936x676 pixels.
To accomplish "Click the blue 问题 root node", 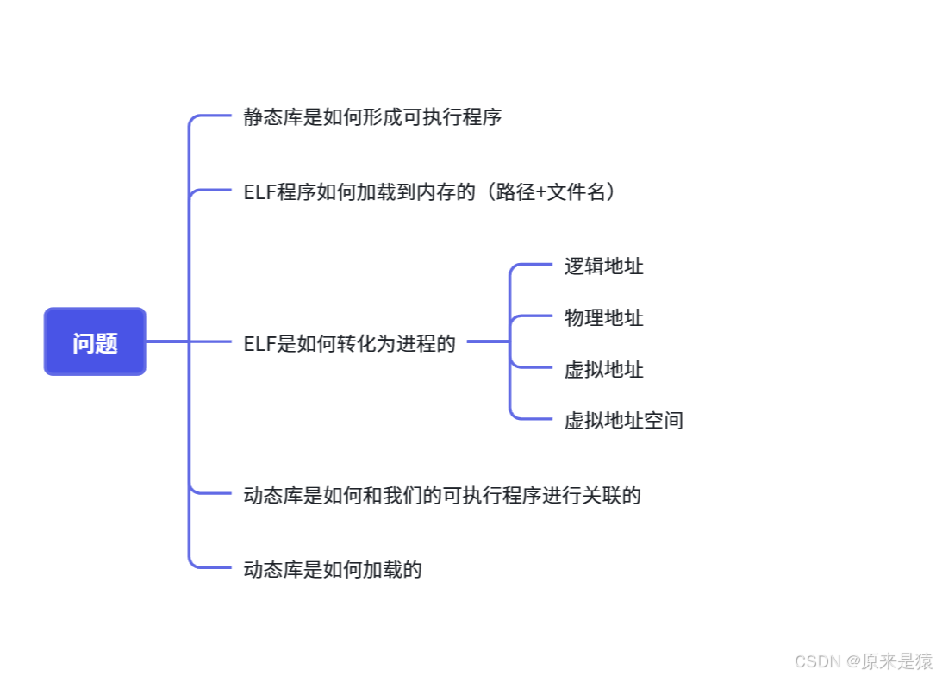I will [x=95, y=342].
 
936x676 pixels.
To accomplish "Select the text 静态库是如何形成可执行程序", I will [x=372, y=117].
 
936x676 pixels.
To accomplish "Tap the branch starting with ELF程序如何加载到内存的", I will [x=430, y=191].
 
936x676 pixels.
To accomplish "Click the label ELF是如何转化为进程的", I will [x=349, y=344].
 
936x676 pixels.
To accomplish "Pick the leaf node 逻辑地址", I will [x=603, y=266].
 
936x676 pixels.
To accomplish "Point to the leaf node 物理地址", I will [x=603, y=318].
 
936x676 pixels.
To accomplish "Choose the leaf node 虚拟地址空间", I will [x=623, y=421].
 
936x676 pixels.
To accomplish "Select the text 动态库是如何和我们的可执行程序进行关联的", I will [x=442, y=496].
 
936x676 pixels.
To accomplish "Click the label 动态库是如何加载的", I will [x=333, y=570].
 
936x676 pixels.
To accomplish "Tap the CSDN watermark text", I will [x=817, y=661].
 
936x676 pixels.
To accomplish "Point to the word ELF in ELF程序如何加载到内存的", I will [x=259, y=192].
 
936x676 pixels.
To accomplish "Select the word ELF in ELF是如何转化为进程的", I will [x=259, y=344].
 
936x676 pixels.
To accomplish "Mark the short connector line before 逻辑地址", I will [x=534, y=265].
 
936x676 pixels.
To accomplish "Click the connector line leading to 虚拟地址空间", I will [x=534, y=419].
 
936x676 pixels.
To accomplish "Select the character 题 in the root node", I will [x=106, y=343].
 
